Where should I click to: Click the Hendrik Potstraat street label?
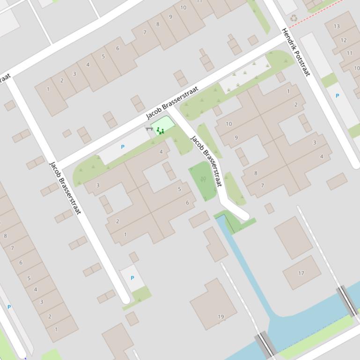(296, 51)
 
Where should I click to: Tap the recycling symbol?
(294, 18)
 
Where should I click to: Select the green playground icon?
(160, 130)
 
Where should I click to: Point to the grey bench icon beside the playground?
(149, 128)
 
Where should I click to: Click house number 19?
(221, 317)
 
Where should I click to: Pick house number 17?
(301, 273)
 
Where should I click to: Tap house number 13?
(337, 26)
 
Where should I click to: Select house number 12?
(343, 40)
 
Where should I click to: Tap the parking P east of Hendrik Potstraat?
(337, 96)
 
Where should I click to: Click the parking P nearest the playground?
(123, 147)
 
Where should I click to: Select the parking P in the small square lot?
(132, 278)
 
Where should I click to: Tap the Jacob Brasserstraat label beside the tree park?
(206, 161)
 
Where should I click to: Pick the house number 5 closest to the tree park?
(179, 189)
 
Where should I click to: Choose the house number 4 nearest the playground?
(161, 151)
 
